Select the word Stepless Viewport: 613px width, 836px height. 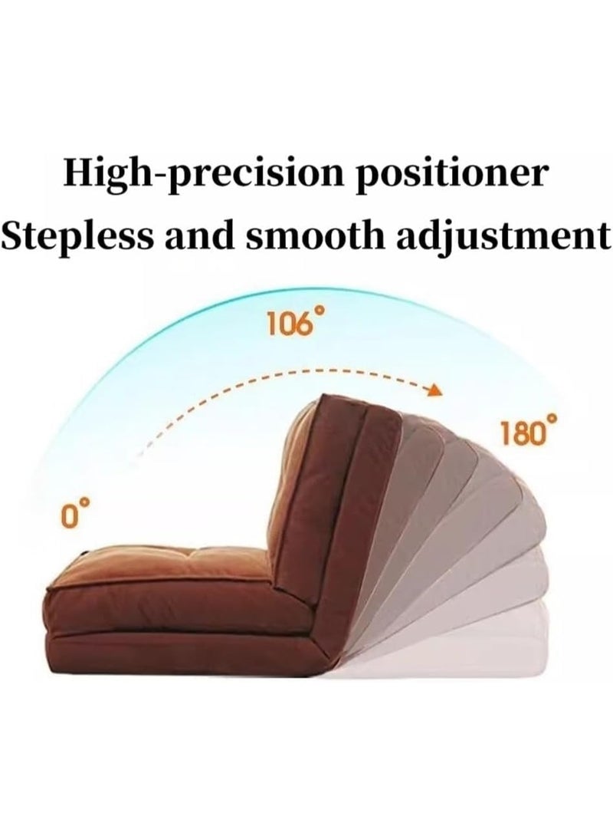pos(77,236)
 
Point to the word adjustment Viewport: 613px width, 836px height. pos(504,237)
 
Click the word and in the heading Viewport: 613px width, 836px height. pos(199,235)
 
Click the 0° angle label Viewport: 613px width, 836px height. pos(74,513)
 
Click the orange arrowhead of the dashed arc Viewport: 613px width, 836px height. pos(436,390)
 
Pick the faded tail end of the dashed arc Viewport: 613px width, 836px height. pos(141,452)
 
